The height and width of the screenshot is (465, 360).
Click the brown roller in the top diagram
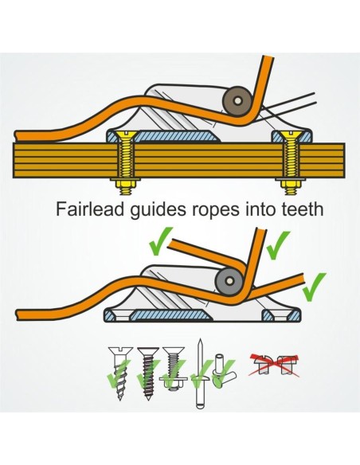(237, 100)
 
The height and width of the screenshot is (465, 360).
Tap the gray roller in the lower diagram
(229, 281)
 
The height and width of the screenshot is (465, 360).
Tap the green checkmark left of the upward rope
(160, 241)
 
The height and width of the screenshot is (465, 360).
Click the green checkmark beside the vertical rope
(277, 245)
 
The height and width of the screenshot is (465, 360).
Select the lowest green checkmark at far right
(314, 287)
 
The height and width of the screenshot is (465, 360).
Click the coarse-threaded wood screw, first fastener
(120, 373)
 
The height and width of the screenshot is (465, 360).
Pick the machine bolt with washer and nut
(174, 369)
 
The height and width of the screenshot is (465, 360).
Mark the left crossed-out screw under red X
(263, 364)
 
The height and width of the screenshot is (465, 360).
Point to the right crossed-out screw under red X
(287, 365)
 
